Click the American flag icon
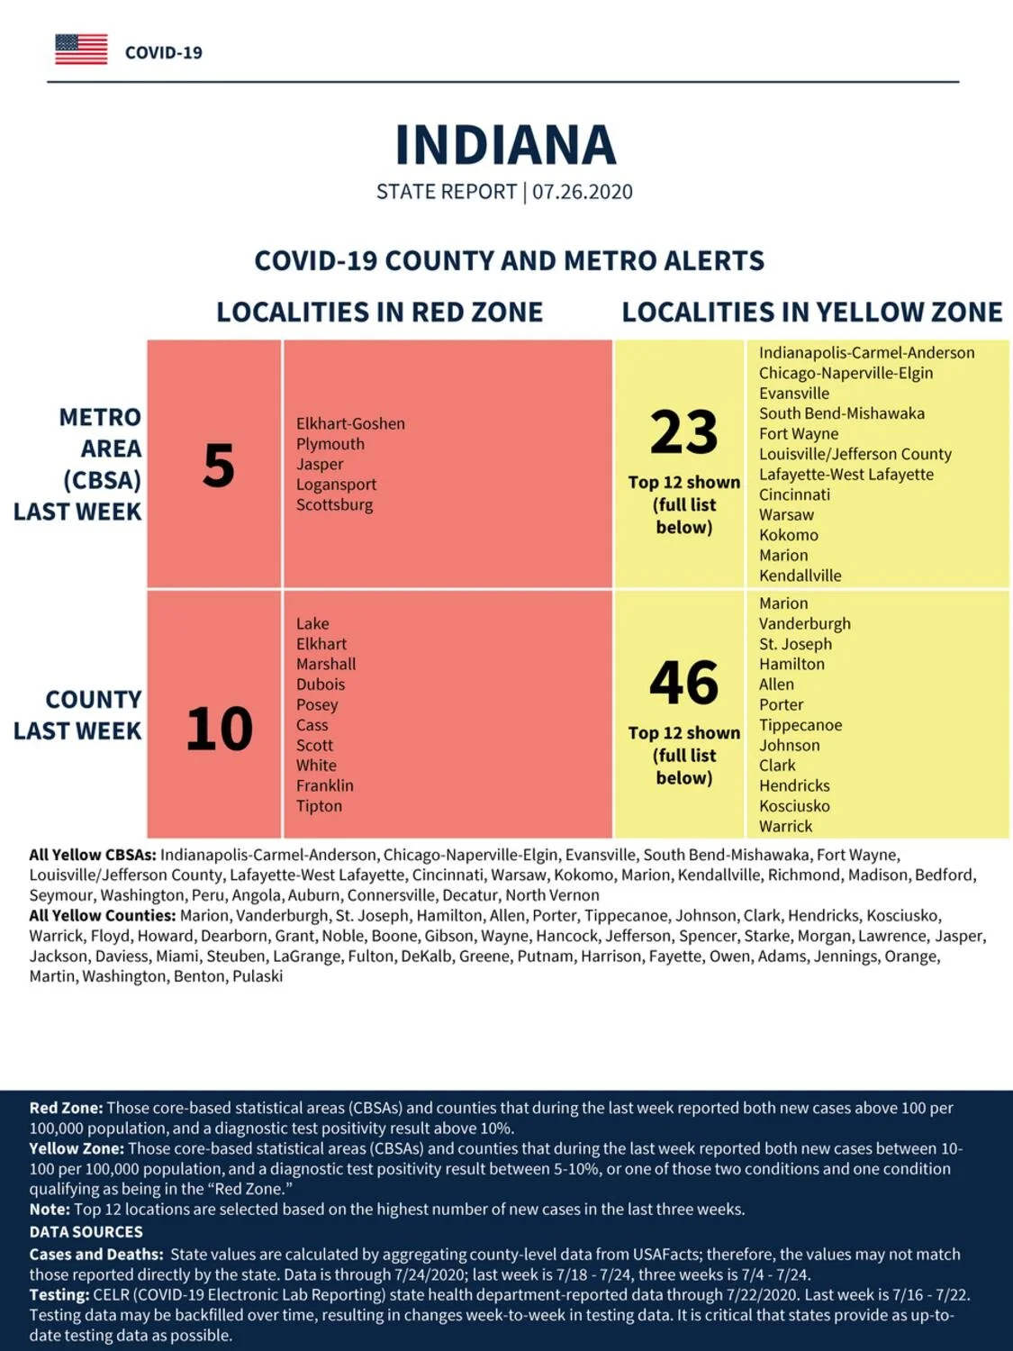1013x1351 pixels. click(x=81, y=50)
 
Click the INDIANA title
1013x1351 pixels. click(x=505, y=145)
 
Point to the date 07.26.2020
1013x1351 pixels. click(x=583, y=192)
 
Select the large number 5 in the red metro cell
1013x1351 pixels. click(x=219, y=466)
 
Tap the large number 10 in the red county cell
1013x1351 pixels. click(x=220, y=729)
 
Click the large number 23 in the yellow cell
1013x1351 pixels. click(x=684, y=431)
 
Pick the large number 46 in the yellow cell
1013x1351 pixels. click(x=684, y=683)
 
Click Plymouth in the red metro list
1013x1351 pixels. click(x=330, y=444)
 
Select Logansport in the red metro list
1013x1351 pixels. click(x=337, y=485)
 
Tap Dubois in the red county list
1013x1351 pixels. click(x=321, y=685)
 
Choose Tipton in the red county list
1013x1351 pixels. click(x=320, y=806)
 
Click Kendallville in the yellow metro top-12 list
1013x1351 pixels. click(x=800, y=576)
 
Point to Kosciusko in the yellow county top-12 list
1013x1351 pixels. click(x=795, y=806)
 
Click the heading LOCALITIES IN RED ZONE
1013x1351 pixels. click(x=379, y=312)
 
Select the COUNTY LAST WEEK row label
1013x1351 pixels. click(x=77, y=715)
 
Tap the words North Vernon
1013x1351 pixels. click(x=552, y=895)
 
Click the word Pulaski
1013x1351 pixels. click(x=258, y=977)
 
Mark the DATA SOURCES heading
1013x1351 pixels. click(x=86, y=1231)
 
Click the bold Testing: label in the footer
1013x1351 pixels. click(x=59, y=1295)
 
